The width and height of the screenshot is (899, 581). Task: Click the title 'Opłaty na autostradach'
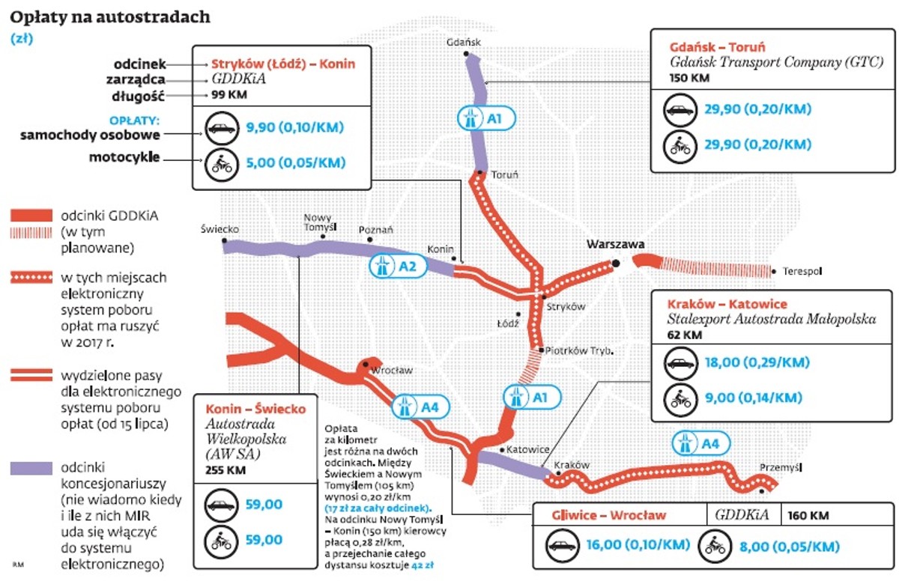(110, 17)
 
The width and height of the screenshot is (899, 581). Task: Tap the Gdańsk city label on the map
(464, 42)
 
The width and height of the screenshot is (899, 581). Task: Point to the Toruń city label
(505, 174)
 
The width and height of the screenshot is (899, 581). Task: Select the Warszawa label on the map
(616, 244)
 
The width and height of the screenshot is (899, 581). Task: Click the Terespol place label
(802, 272)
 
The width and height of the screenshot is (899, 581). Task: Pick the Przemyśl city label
(781, 467)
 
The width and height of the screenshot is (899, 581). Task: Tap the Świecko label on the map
(220, 229)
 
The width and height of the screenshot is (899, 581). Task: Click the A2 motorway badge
(398, 267)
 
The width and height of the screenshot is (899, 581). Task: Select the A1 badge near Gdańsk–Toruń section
(486, 118)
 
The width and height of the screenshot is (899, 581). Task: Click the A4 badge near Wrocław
(420, 407)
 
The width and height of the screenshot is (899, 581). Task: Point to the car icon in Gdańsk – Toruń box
(680, 110)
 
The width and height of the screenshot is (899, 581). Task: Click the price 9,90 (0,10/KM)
(295, 127)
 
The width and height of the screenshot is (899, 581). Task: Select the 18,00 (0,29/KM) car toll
(757, 362)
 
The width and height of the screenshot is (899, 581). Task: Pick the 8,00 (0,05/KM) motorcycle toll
(790, 546)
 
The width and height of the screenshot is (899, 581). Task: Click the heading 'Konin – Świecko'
(255, 409)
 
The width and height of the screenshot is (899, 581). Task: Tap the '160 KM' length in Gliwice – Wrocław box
(808, 515)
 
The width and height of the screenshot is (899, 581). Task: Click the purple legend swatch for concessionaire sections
(31, 469)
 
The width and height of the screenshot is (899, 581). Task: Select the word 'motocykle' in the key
(124, 157)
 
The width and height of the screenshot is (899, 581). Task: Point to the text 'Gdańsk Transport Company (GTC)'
(777, 62)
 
